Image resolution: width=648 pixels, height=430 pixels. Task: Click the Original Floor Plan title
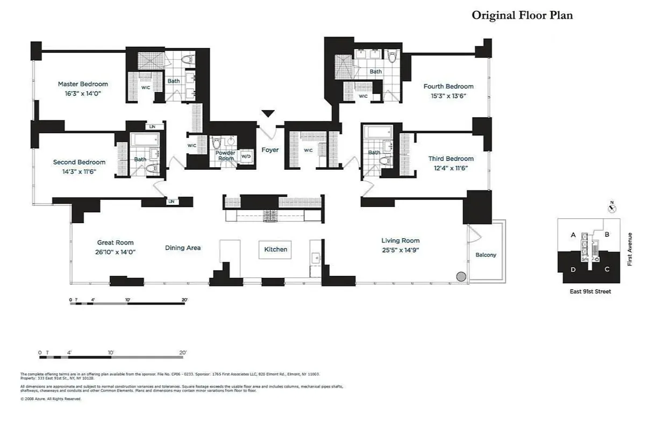[522, 15]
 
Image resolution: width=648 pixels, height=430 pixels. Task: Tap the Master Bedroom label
[83, 84]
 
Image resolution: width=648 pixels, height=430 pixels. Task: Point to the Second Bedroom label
[79, 162]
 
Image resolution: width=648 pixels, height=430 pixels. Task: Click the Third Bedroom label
[451, 159]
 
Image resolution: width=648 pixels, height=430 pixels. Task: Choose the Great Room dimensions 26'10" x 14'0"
[115, 252]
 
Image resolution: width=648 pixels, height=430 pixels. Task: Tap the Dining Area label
[183, 248]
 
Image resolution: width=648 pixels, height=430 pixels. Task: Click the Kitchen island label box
[275, 249]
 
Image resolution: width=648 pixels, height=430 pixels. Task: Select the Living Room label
[400, 241]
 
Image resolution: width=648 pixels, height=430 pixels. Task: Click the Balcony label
[486, 255]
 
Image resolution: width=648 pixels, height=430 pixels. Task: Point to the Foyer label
[270, 150]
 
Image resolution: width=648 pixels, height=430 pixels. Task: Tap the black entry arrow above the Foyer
[268, 113]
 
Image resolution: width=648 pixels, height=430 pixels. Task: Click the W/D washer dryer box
[246, 156]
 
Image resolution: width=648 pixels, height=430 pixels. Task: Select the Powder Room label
[225, 156]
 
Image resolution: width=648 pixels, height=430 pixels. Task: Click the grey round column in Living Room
[461, 277]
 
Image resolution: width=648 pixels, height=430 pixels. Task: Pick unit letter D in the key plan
[573, 269]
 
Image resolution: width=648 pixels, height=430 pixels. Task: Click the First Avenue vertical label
[630, 249]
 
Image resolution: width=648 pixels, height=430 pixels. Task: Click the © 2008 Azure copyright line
[51, 399]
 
